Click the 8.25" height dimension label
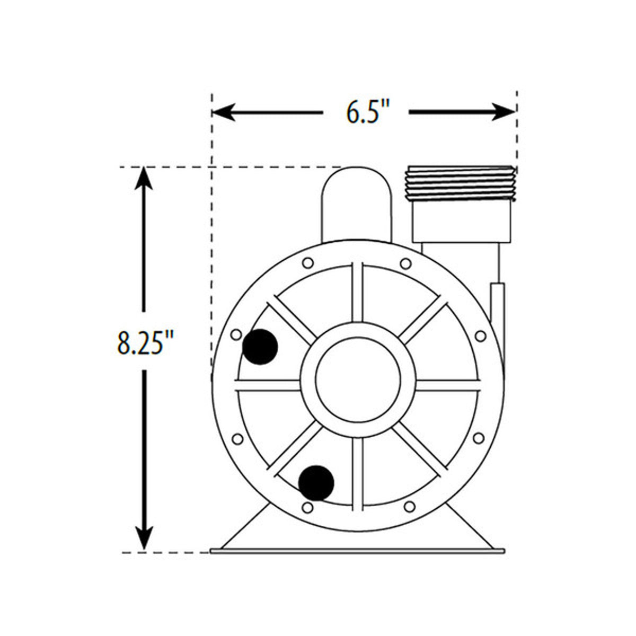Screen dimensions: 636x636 click(145, 342)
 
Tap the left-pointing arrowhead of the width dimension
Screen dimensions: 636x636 click(223, 112)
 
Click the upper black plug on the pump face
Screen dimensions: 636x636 click(260, 347)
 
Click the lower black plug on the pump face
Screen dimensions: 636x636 click(316, 482)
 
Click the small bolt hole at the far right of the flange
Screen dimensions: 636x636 click(480, 336)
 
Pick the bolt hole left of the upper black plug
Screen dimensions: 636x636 click(236, 335)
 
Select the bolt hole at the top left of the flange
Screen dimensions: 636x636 click(307, 263)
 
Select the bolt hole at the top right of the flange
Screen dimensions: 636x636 click(405, 263)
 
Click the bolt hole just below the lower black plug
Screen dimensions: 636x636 click(307, 508)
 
